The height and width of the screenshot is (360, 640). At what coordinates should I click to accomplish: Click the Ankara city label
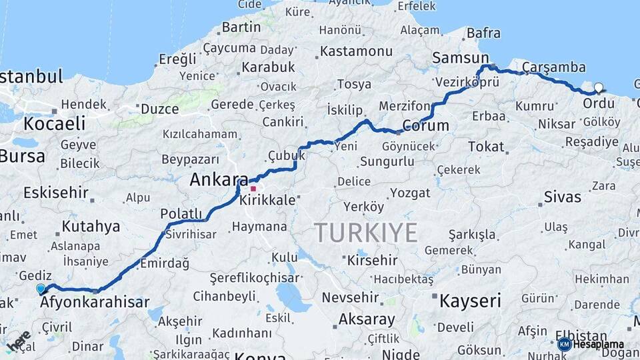coord(218,179)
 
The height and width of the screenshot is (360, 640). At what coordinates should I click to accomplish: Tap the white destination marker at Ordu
coord(598,87)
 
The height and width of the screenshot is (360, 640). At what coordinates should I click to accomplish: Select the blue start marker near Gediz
coord(41,288)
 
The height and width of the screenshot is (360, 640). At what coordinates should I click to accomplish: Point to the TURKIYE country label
coord(366,233)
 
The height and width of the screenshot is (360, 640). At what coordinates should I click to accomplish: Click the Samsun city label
coord(460,58)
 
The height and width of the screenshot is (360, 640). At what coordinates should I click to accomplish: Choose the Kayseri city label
coord(469,301)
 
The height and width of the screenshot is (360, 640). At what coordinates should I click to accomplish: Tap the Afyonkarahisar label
coord(95,303)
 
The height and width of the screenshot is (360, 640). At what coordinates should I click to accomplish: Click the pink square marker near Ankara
coord(253,189)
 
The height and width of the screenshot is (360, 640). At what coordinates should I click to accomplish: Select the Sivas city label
coord(562,197)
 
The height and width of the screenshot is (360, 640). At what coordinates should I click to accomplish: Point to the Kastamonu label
coord(356,51)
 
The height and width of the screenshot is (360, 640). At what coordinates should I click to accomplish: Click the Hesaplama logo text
coord(598,345)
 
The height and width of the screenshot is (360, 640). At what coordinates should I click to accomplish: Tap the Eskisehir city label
coord(56,193)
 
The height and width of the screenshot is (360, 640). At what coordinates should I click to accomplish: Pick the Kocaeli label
coord(55,123)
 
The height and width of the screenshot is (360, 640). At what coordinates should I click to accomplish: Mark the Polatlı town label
coord(181,213)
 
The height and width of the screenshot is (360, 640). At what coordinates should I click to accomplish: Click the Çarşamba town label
coord(553,67)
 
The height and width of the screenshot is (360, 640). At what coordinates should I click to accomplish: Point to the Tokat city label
coord(486,146)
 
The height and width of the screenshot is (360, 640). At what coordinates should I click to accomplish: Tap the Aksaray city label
coord(367,319)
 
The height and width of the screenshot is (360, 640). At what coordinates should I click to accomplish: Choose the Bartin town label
coord(241,27)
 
